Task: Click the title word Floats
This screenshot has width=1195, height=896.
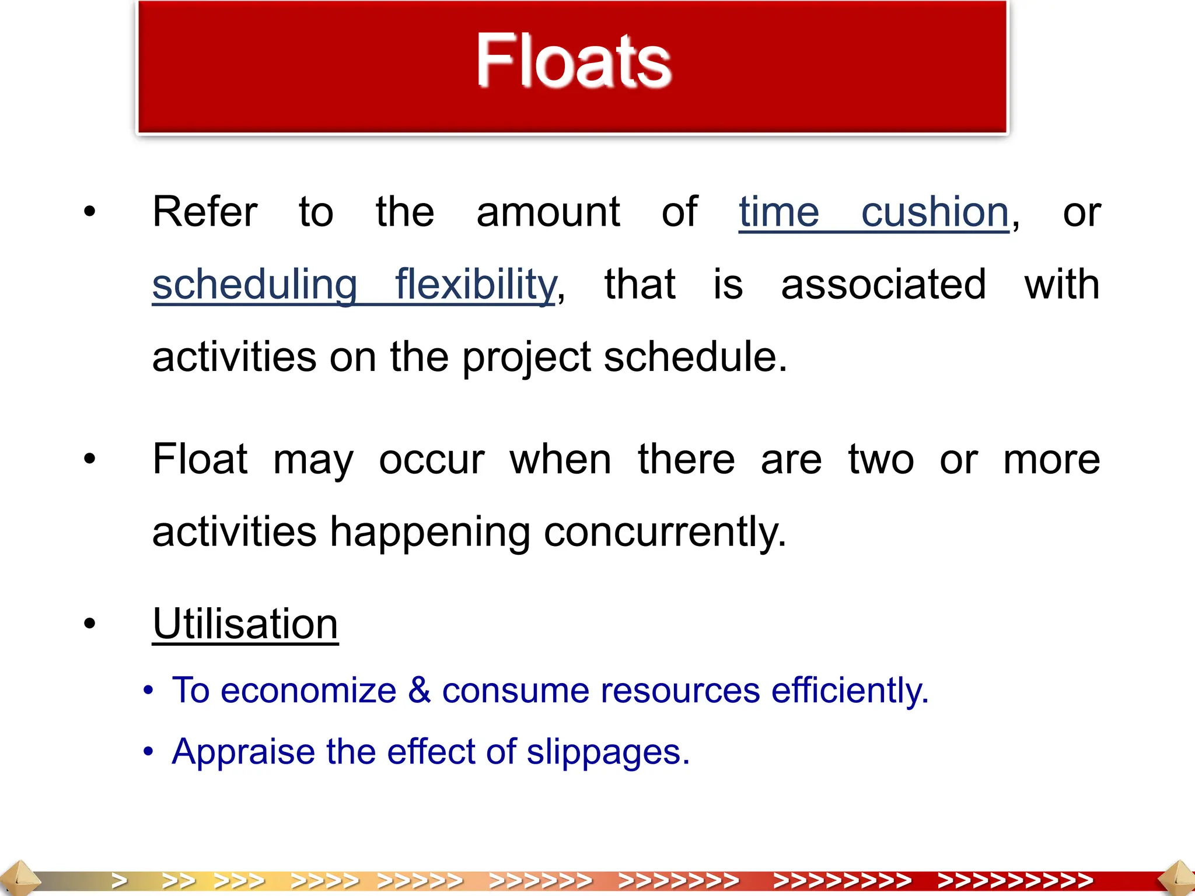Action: [x=574, y=61]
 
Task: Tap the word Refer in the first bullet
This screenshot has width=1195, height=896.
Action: [x=204, y=212]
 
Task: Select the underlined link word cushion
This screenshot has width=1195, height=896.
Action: [x=935, y=212]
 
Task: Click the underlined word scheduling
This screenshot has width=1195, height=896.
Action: [x=254, y=285]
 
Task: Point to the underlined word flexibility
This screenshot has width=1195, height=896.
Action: [x=476, y=285]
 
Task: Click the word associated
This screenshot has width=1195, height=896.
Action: [x=883, y=285]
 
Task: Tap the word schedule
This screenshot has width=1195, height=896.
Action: [x=694, y=357]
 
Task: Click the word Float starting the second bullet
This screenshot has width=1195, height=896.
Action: [x=200, y=460]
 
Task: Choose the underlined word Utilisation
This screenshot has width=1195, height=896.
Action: [x=245, y=624]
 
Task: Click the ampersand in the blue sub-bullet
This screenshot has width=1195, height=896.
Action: [x=419, y=691]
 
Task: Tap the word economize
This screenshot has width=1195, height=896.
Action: [x=309, y=691]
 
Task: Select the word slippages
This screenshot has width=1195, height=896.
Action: [x=607, y=752]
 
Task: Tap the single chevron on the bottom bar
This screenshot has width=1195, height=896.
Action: [x=120, y=880]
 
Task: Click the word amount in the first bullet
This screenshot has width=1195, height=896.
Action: [x=548, y=212]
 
